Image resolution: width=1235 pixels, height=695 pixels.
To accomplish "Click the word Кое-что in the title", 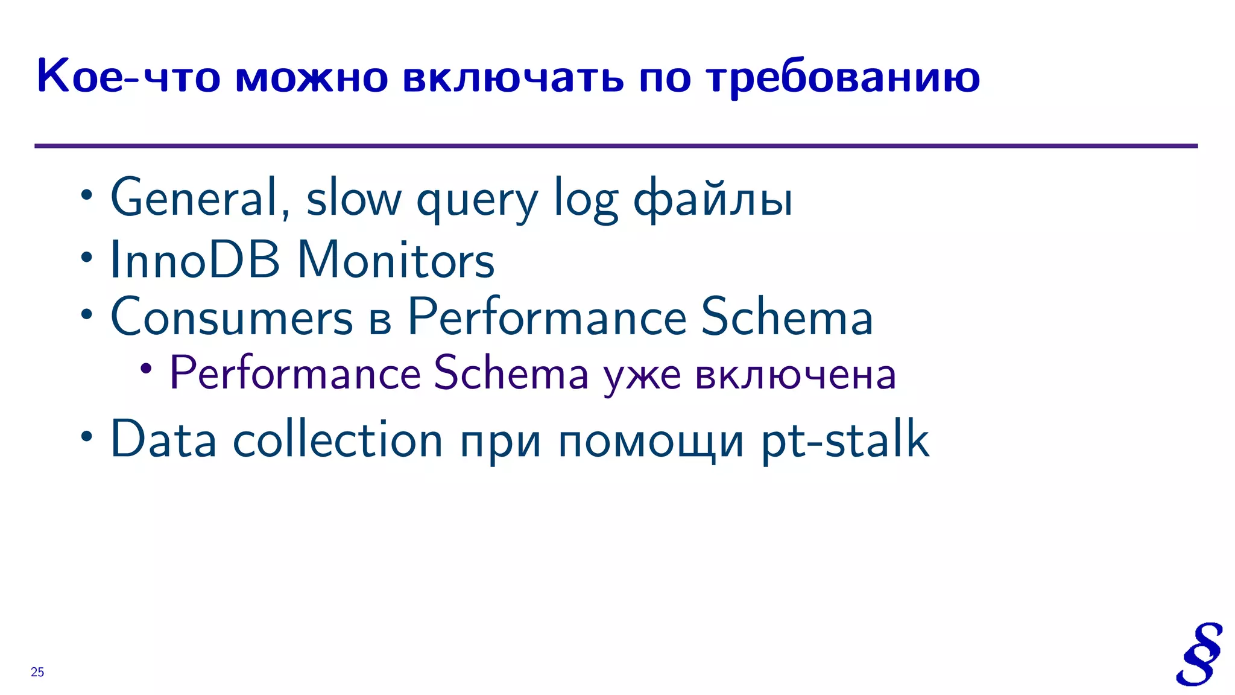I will point(128,77).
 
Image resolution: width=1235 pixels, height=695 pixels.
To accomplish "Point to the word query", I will point(477,202).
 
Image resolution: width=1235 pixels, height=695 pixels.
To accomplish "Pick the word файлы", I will point(713,199).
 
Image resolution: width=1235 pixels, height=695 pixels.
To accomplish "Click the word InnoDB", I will point(195,259).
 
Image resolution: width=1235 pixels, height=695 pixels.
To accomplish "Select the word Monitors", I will point(396,259).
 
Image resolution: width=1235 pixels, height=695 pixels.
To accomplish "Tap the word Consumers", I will point(232,316).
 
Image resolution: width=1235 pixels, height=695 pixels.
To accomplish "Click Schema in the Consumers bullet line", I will point(786,316).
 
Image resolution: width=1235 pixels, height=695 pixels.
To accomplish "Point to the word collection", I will point(338,439).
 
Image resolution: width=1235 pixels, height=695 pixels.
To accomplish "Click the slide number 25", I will point(37,672).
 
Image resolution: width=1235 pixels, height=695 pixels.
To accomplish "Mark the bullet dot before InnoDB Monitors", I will point(87,257).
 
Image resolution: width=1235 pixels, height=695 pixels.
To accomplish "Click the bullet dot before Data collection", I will point(87,436).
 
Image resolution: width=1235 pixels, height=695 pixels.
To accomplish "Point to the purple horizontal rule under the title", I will point(615,146).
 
